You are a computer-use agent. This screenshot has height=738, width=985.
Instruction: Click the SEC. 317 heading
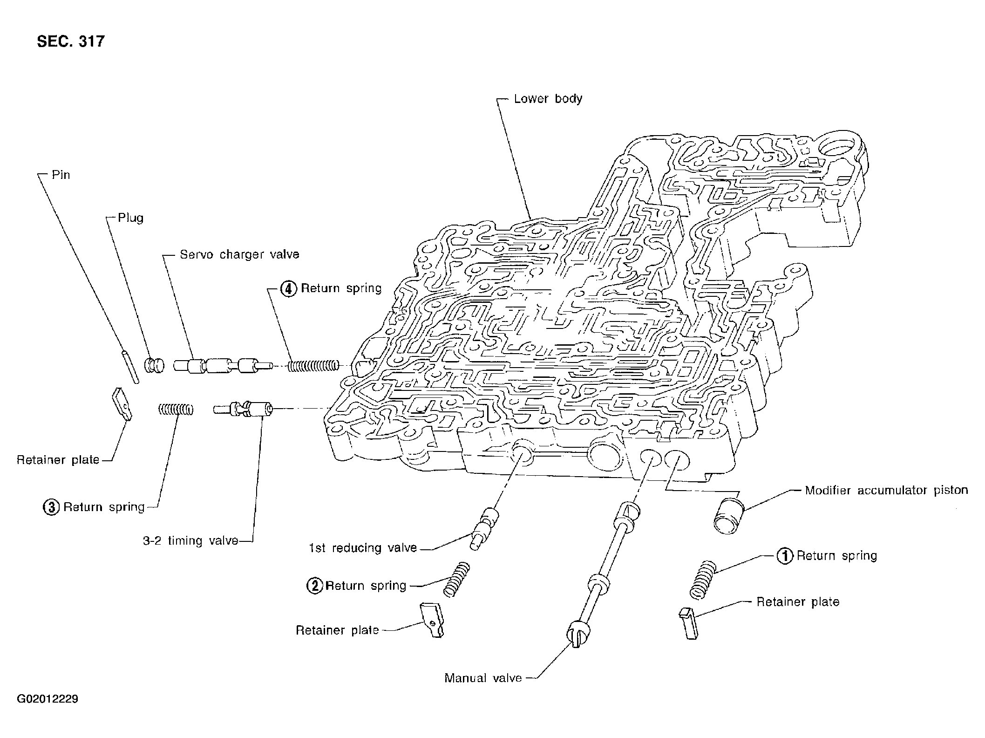click(71, 41)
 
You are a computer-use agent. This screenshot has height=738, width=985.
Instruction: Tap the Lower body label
click(548, 99)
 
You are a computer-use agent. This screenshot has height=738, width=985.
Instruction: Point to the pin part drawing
click(130, 367)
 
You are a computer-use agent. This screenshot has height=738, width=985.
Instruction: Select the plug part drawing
click(155, 365)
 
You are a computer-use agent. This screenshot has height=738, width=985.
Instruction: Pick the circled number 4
click(289, 289)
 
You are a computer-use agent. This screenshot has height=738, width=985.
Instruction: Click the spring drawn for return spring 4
click(313, 366)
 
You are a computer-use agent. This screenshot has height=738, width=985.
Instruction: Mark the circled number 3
click(51, 507)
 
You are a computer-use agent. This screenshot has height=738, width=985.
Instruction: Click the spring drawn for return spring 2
click(456, 579)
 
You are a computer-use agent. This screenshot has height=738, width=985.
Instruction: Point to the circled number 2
click(314, 585)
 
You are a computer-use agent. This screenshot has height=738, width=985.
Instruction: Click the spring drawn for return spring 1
click(702, 579)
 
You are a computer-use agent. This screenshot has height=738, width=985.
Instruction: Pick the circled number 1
click(785, 556)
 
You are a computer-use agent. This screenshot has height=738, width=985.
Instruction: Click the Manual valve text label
click(483, 678)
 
